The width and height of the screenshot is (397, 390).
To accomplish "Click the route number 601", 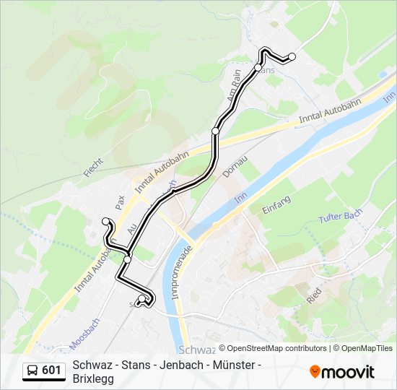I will click(52, 370).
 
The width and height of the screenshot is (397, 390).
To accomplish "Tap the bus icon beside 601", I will click(32, 370).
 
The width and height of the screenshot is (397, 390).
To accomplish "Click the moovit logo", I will click(342, 372).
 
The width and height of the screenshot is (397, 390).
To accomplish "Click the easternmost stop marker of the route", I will click(292, 56).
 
